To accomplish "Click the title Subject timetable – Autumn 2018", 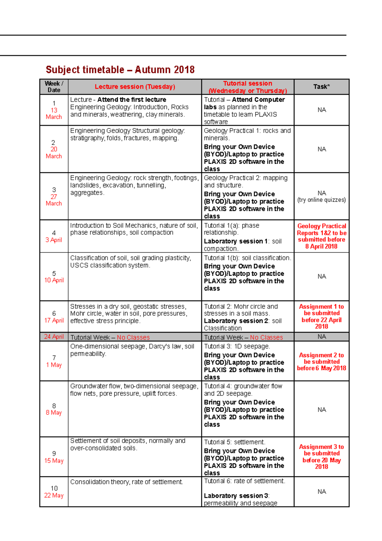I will pyautogui.click(x=120, y=69).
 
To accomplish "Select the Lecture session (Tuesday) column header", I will pyautogui.click(x=135, y=87).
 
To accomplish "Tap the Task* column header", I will pyautogui.click(x=321, y=87).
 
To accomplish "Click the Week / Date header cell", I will pyautogui.click(x=54, y=87).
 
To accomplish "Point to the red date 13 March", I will pyautogui.click(x=54, y=113).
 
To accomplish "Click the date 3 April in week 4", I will pyautogui.click(x=54, y=240).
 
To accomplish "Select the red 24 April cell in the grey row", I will pyautogui.click(x=54, y=337).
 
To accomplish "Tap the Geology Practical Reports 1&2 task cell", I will pyautogui.click(x=321, y=236).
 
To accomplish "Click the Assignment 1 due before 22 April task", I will pyautogui.click(x=321, y=316).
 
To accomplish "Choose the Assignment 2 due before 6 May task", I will pyautogui.click(x=321, y=362).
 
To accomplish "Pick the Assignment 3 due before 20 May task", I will pyautogui.click(x=321, y=457).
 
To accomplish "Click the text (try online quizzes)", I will pyautogui.click(x=321, y=200).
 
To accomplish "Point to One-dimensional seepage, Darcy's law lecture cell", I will pyautogui.click(x=132, y=350).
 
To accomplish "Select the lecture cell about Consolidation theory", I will pyautogui.click(x=127, y=482).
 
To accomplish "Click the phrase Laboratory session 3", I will pyautogui.click(x=236, y=496).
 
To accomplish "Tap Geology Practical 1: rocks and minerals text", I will pyautogui.click(x=247, y=134).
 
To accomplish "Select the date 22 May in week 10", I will pyautogui.click(x=54, y=495).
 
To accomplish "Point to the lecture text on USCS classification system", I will pyautogui.click(x=110, y=265).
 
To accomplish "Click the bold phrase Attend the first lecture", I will pyautogui.click(x=132, y=100).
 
